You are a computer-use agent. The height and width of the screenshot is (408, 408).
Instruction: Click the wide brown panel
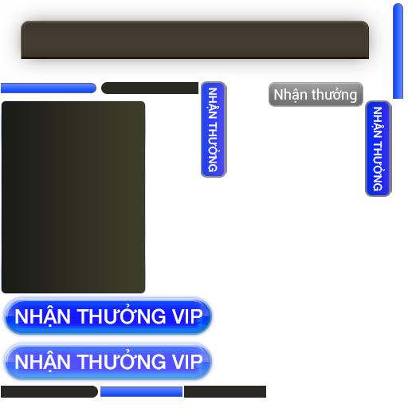point(195,40)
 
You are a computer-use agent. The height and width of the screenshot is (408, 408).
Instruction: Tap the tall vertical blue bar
point(398,51)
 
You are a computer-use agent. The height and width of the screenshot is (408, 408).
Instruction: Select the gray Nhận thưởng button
point(316,95)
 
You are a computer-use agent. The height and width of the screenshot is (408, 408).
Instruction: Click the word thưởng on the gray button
point(335,95)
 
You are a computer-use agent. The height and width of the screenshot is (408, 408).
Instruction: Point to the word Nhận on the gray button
point(291,95)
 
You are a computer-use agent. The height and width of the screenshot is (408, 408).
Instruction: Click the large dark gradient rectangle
point(73,197)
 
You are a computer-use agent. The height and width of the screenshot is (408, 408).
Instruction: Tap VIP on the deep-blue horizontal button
point(187,316)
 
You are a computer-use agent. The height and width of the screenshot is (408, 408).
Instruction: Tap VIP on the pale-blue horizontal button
point(187,362)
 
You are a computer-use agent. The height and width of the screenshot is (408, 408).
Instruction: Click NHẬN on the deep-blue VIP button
point(42,316)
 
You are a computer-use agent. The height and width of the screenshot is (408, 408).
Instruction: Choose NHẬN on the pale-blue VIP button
point(42,361)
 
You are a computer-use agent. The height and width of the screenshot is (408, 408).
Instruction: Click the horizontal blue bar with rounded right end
point(49,88)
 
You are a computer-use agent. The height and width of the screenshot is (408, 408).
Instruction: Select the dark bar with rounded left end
point(150,88)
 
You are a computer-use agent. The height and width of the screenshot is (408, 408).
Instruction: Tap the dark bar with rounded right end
point(49,391)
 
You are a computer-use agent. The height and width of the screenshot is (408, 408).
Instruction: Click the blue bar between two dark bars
point(141,392)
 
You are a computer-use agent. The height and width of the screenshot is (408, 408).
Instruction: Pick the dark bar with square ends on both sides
point(225,391)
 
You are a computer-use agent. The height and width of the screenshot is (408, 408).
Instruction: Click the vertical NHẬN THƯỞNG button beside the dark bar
point(214,129)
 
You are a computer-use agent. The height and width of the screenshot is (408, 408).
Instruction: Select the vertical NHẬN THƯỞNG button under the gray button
point(378,148)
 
